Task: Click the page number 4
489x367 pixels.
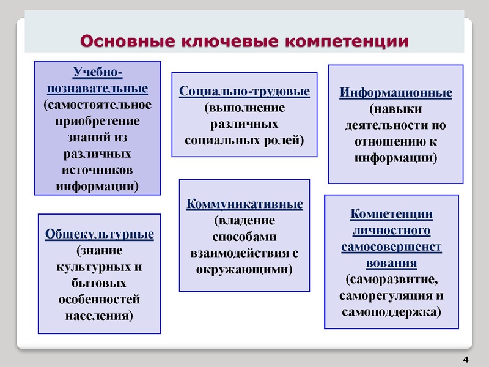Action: click(x=466, y=358)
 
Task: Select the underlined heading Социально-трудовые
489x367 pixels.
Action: click(x=244, y=92)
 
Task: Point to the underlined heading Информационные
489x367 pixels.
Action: click(x=396, y=94)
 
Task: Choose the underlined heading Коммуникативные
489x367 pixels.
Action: click(x=244, y=204)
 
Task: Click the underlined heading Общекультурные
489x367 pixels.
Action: click(x=99, y=234)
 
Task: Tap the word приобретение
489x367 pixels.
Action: click(x=97, y=120)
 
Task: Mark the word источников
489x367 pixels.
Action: click(x=97, y=169)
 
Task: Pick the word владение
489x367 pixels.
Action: click(x=244, y=220)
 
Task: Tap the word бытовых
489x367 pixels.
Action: click(x=99, y=284)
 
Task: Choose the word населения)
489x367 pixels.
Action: click(x=99, y=316)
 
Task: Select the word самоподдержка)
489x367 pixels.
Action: click(x=391, y=312)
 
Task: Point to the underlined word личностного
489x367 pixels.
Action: click(x=391, y=231)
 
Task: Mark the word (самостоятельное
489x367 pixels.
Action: click(x=97, y=105)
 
